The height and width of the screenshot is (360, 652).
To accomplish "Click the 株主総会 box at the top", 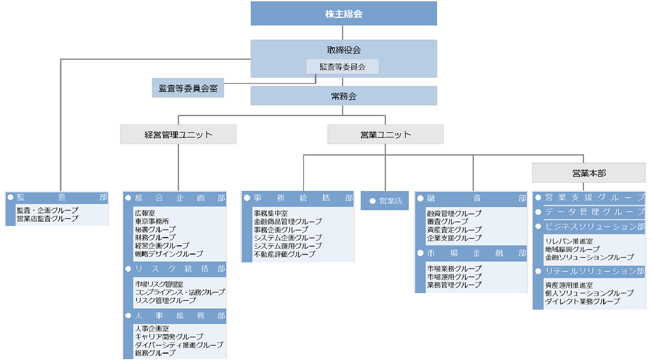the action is click(344, 13).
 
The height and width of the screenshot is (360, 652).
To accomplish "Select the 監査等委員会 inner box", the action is click(342, 67).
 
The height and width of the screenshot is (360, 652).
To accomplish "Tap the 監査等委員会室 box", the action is click(188, 88).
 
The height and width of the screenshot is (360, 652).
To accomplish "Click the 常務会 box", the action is click(344, 96).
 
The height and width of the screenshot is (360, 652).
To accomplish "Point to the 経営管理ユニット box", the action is click(178, 134).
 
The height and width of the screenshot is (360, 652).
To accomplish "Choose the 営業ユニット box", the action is click(385, 134).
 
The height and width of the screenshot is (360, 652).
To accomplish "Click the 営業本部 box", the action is click(589, 173).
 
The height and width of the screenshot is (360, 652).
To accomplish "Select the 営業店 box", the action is click(385, 201).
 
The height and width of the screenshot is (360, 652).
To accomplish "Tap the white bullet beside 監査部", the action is click(11, 197).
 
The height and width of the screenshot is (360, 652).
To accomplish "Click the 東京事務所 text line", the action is click(152, 221).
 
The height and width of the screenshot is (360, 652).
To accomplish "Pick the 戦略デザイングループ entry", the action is click(169, 254).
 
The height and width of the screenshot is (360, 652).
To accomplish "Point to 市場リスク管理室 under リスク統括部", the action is click(159, 284).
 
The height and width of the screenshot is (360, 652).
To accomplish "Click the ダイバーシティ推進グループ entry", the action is click(179, 345).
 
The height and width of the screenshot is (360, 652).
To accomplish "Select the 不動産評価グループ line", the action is click(284, 254).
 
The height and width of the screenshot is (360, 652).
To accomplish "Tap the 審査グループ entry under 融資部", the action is click(447, 221).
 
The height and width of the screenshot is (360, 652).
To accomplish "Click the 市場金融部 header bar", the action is click(471, 253).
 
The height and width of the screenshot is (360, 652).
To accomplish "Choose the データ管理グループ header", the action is click(589, 212).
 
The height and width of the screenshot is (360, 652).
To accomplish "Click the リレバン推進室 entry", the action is click(569, 241).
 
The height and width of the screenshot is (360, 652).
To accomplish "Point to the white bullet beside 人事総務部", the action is click(128, 316).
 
